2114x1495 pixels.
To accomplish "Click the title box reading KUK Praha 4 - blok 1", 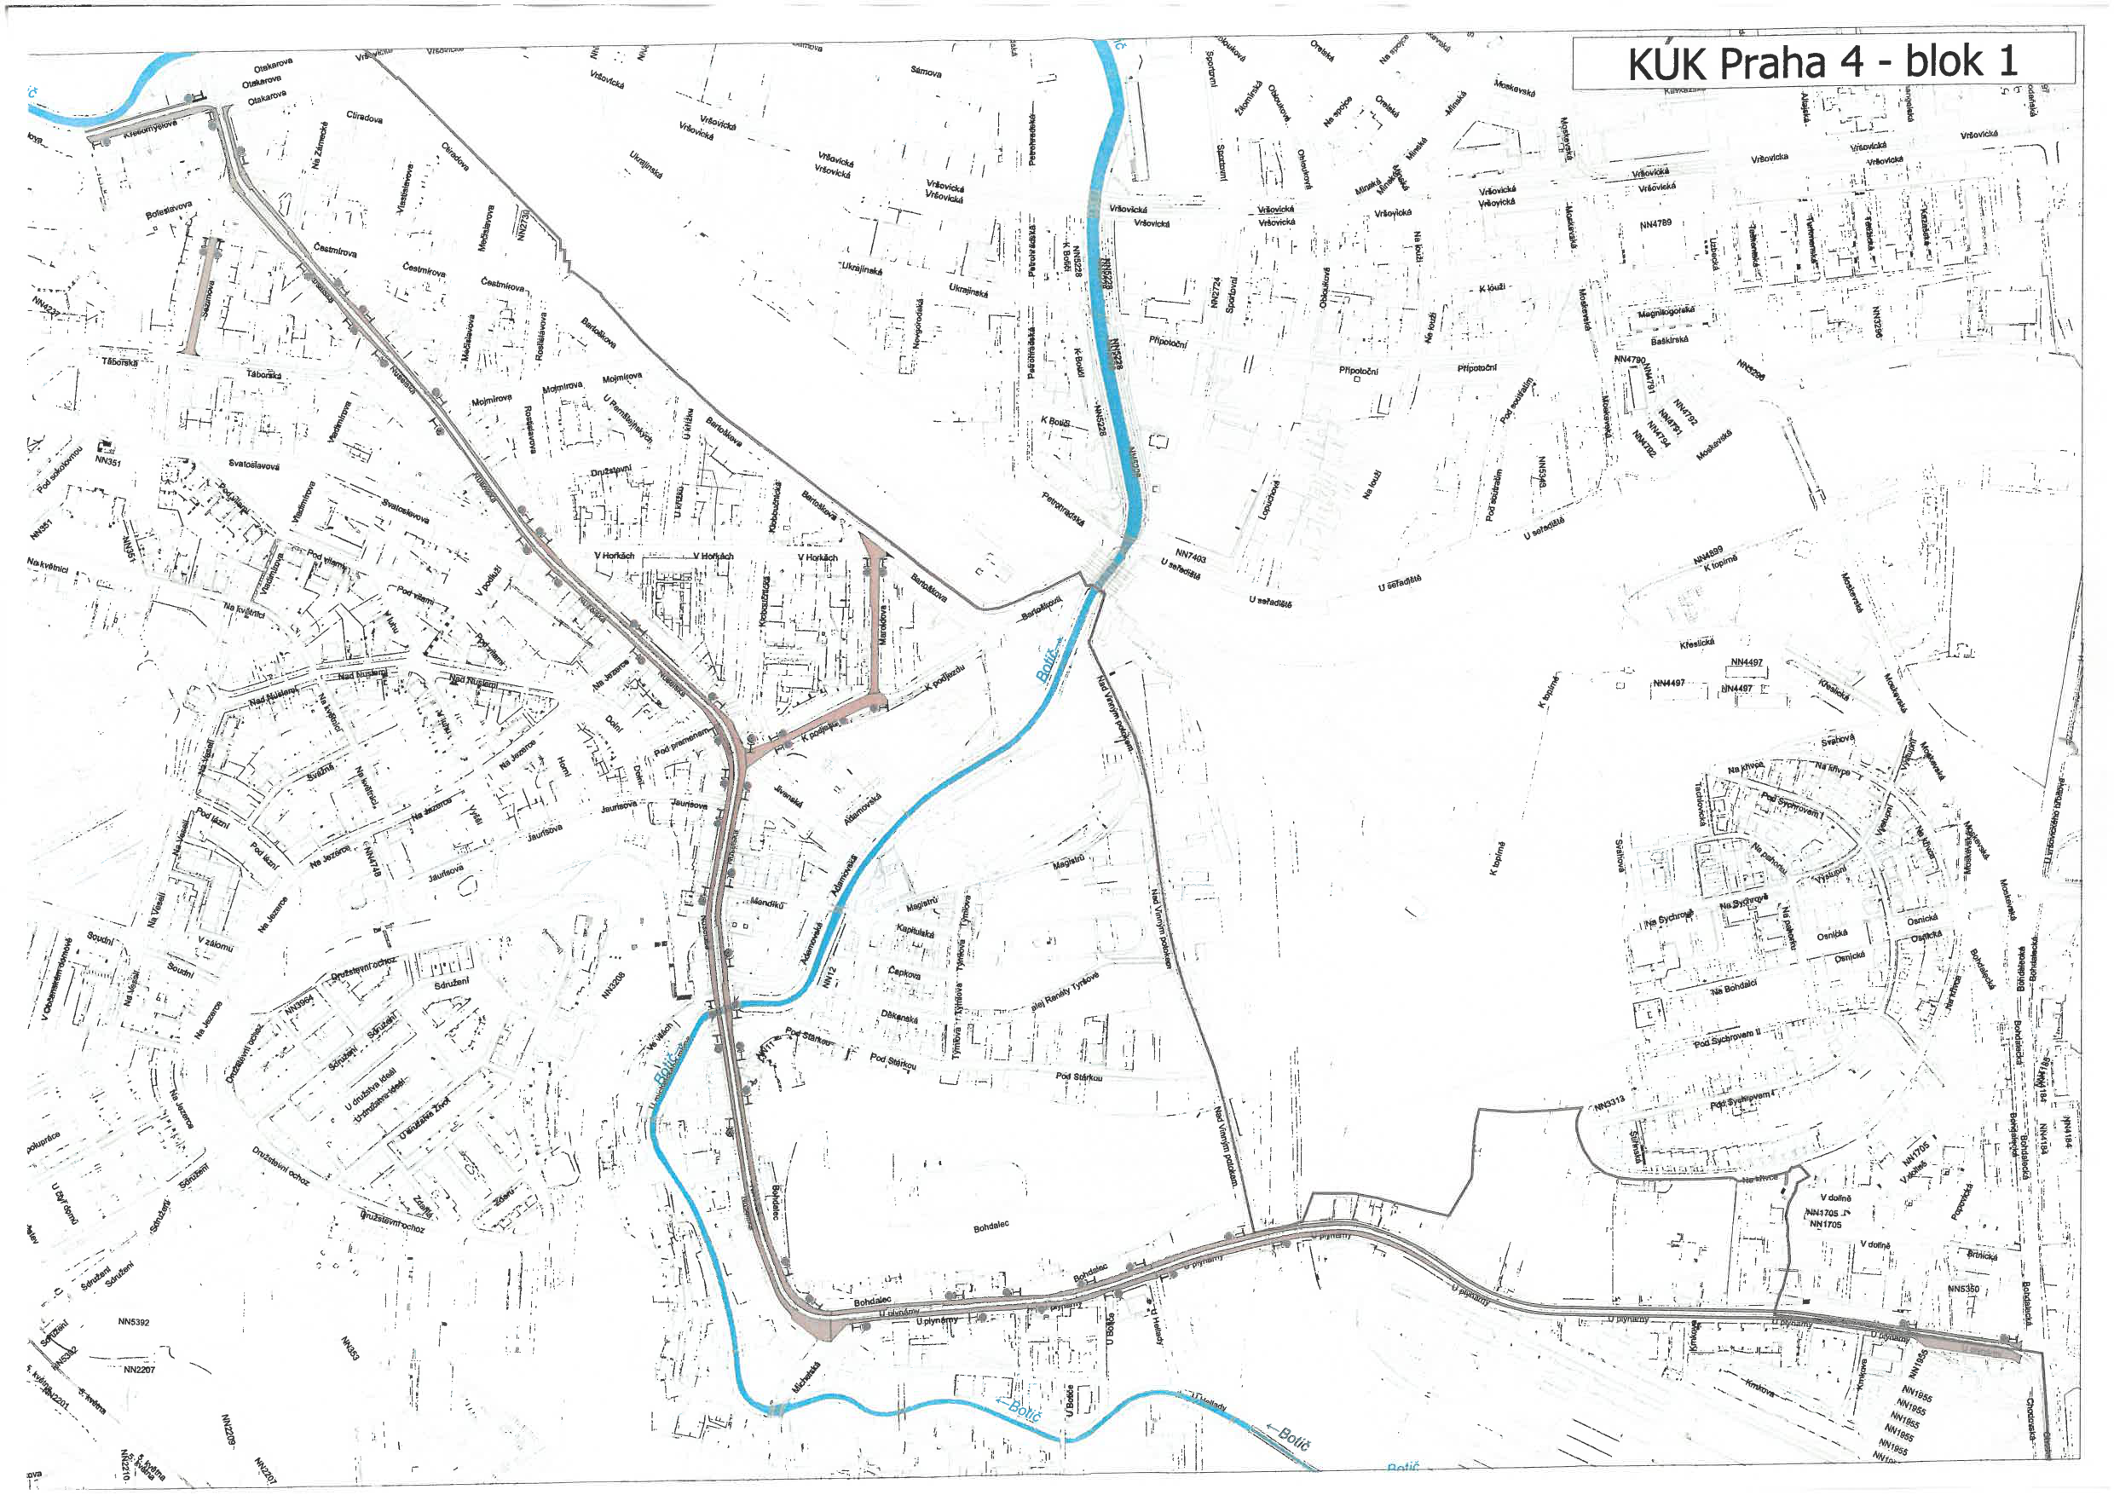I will pyautogui.click(x=1822, y=61).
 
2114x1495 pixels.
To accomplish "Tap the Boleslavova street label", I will pyautogui.click(x=169, y=210).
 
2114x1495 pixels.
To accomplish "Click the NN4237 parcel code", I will pyautogui.click(x=46, y=307).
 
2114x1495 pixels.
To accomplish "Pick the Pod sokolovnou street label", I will pyautogui.click(x=60, y=470).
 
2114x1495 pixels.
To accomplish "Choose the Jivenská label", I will pyautogui.click(x=788, y=796).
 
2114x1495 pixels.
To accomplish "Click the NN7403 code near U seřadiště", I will pyautogui.click(x=1191, y=555).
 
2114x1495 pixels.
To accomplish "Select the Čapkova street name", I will pyautogui.click(x=904, y=973).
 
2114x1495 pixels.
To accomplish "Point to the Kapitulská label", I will pyautogui.click(x=915, y=932).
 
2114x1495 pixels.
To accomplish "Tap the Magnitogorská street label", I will pyautogui.click(x=1666, y=313).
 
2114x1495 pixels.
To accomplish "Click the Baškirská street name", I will pyautogui.click(x=1669, y=341).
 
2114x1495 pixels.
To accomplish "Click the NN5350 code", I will pyautogui.click(x=1963, y=1289).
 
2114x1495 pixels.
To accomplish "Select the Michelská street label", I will pyautogui.click(x=805, y=1377).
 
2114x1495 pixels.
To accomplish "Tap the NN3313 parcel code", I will pyautogui.click(x=1610, y=1102).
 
